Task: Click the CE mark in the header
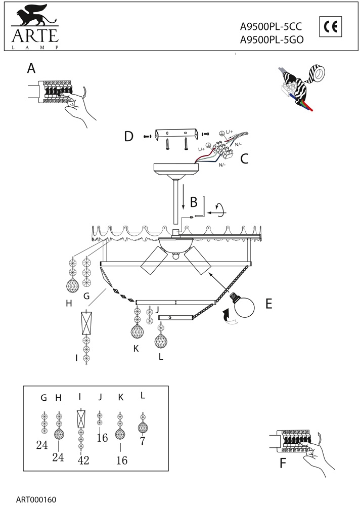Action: coord(331,26)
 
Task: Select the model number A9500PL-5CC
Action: coord(272,30)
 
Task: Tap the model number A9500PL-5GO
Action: coord(272,42)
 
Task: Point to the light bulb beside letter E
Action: coord(241,303)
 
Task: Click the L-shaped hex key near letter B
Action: coord(201,208)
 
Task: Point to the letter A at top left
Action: coord(32,69)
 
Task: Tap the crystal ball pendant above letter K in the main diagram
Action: coord(136,331)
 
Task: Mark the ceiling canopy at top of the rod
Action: coord(174,169)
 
